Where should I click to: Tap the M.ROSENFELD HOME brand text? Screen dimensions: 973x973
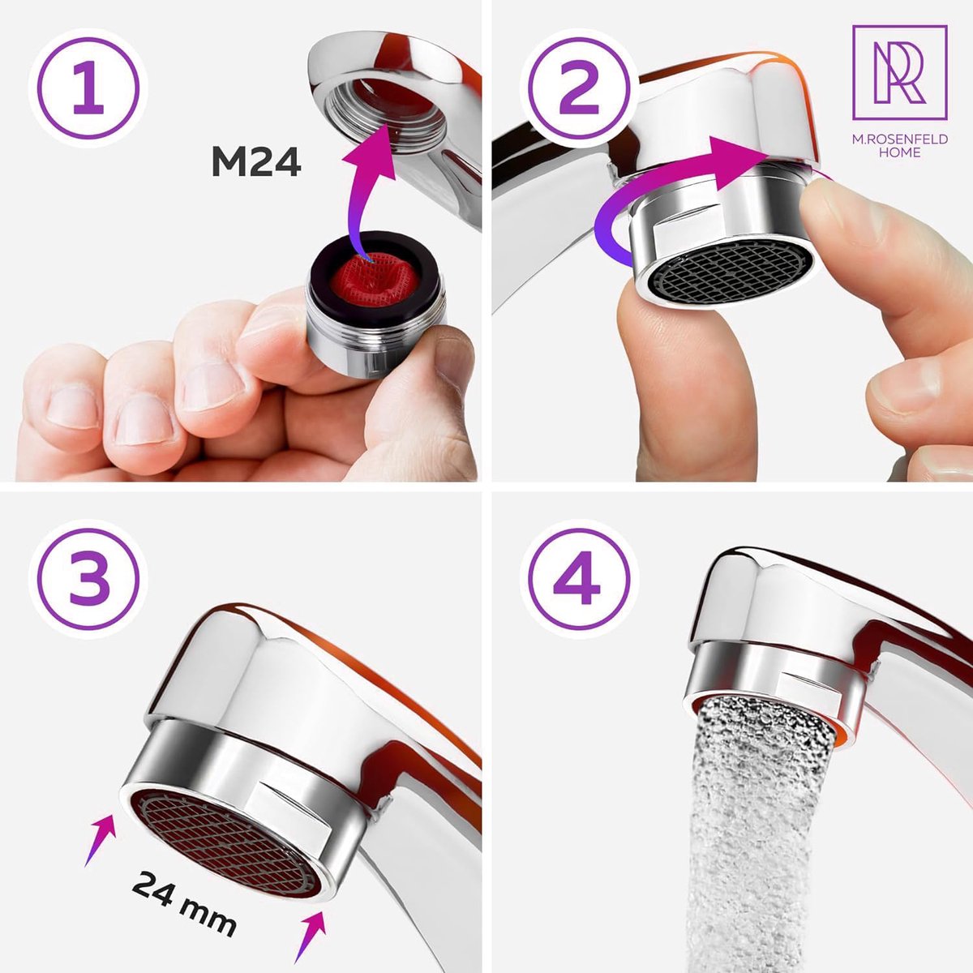coord(899,146)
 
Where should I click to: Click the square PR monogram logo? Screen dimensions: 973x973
coord(899,72)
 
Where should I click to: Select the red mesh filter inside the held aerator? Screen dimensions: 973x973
coord(374,276)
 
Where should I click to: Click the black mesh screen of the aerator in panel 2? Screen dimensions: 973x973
coord(726,268)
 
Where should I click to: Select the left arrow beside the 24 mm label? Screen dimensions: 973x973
coord(100,840)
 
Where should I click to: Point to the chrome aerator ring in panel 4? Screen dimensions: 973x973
coord(770,673)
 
